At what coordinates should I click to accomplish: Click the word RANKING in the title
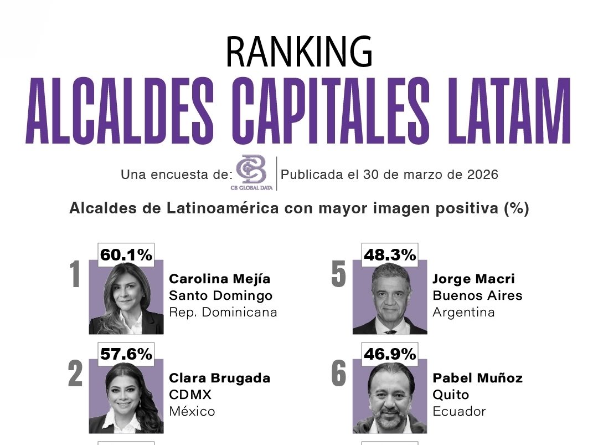click(x=299, y=52)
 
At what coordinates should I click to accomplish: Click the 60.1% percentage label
click(x=126, y=255)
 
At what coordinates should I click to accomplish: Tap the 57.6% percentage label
click(x=126, y=355)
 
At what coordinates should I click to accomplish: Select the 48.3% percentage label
click(x=390, y=255)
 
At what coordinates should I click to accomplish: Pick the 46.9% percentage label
click(x=390, y=355)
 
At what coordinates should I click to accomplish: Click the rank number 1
click(x=75, y=276)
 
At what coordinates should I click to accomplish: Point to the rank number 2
click(x=75, y=376)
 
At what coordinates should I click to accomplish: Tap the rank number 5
click(x=338, y=276)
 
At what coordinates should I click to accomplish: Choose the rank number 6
click(x=338, y=376)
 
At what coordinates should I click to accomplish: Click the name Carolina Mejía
click(x=220, y=279)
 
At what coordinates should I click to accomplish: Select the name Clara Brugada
click(x=220, y=378)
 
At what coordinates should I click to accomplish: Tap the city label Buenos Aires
click(x=477, y=295)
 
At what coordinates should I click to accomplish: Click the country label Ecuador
click(x=459, y=411)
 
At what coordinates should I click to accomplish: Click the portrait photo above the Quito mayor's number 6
click(x=390, y=397)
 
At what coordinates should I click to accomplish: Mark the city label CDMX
click(x=190, y=395)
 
